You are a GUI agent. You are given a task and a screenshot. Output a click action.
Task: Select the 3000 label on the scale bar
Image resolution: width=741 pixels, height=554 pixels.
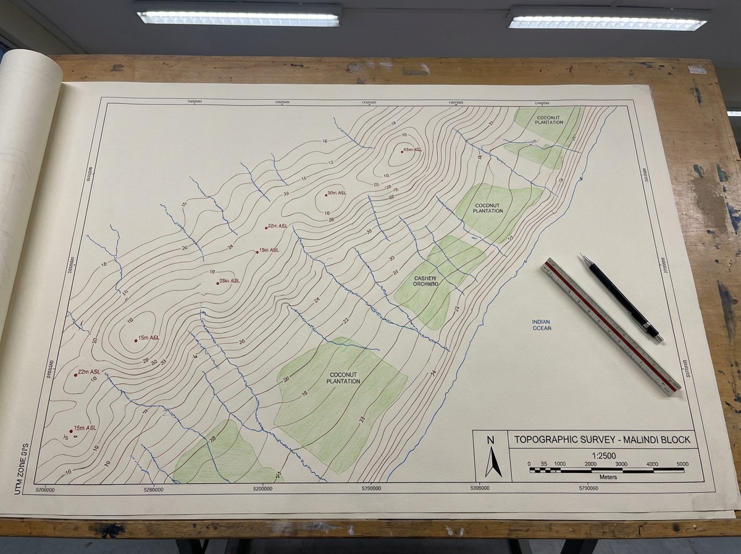coord(622,464)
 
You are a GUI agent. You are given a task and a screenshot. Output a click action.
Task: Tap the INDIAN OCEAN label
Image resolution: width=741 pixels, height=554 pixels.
coord(542,325)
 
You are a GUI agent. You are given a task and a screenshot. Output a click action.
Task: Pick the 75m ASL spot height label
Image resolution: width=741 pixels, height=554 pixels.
coord(85,428)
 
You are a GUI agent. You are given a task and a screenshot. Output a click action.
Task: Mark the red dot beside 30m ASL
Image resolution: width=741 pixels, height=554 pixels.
coord(326,195)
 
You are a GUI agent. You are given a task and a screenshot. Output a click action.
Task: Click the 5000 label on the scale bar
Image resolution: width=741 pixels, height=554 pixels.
coord(683,464)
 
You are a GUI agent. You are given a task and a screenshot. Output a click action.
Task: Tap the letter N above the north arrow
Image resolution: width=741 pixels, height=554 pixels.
coord(491,440)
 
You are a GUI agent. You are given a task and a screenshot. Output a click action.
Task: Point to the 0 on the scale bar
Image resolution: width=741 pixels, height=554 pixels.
coord(529,464)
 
